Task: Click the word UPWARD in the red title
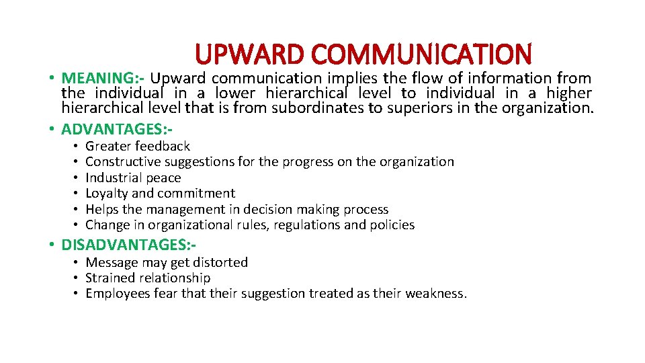(250, 54)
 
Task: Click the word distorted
(220, 262)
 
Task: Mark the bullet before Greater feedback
(77, 146)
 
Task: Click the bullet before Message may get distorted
(77, 262)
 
